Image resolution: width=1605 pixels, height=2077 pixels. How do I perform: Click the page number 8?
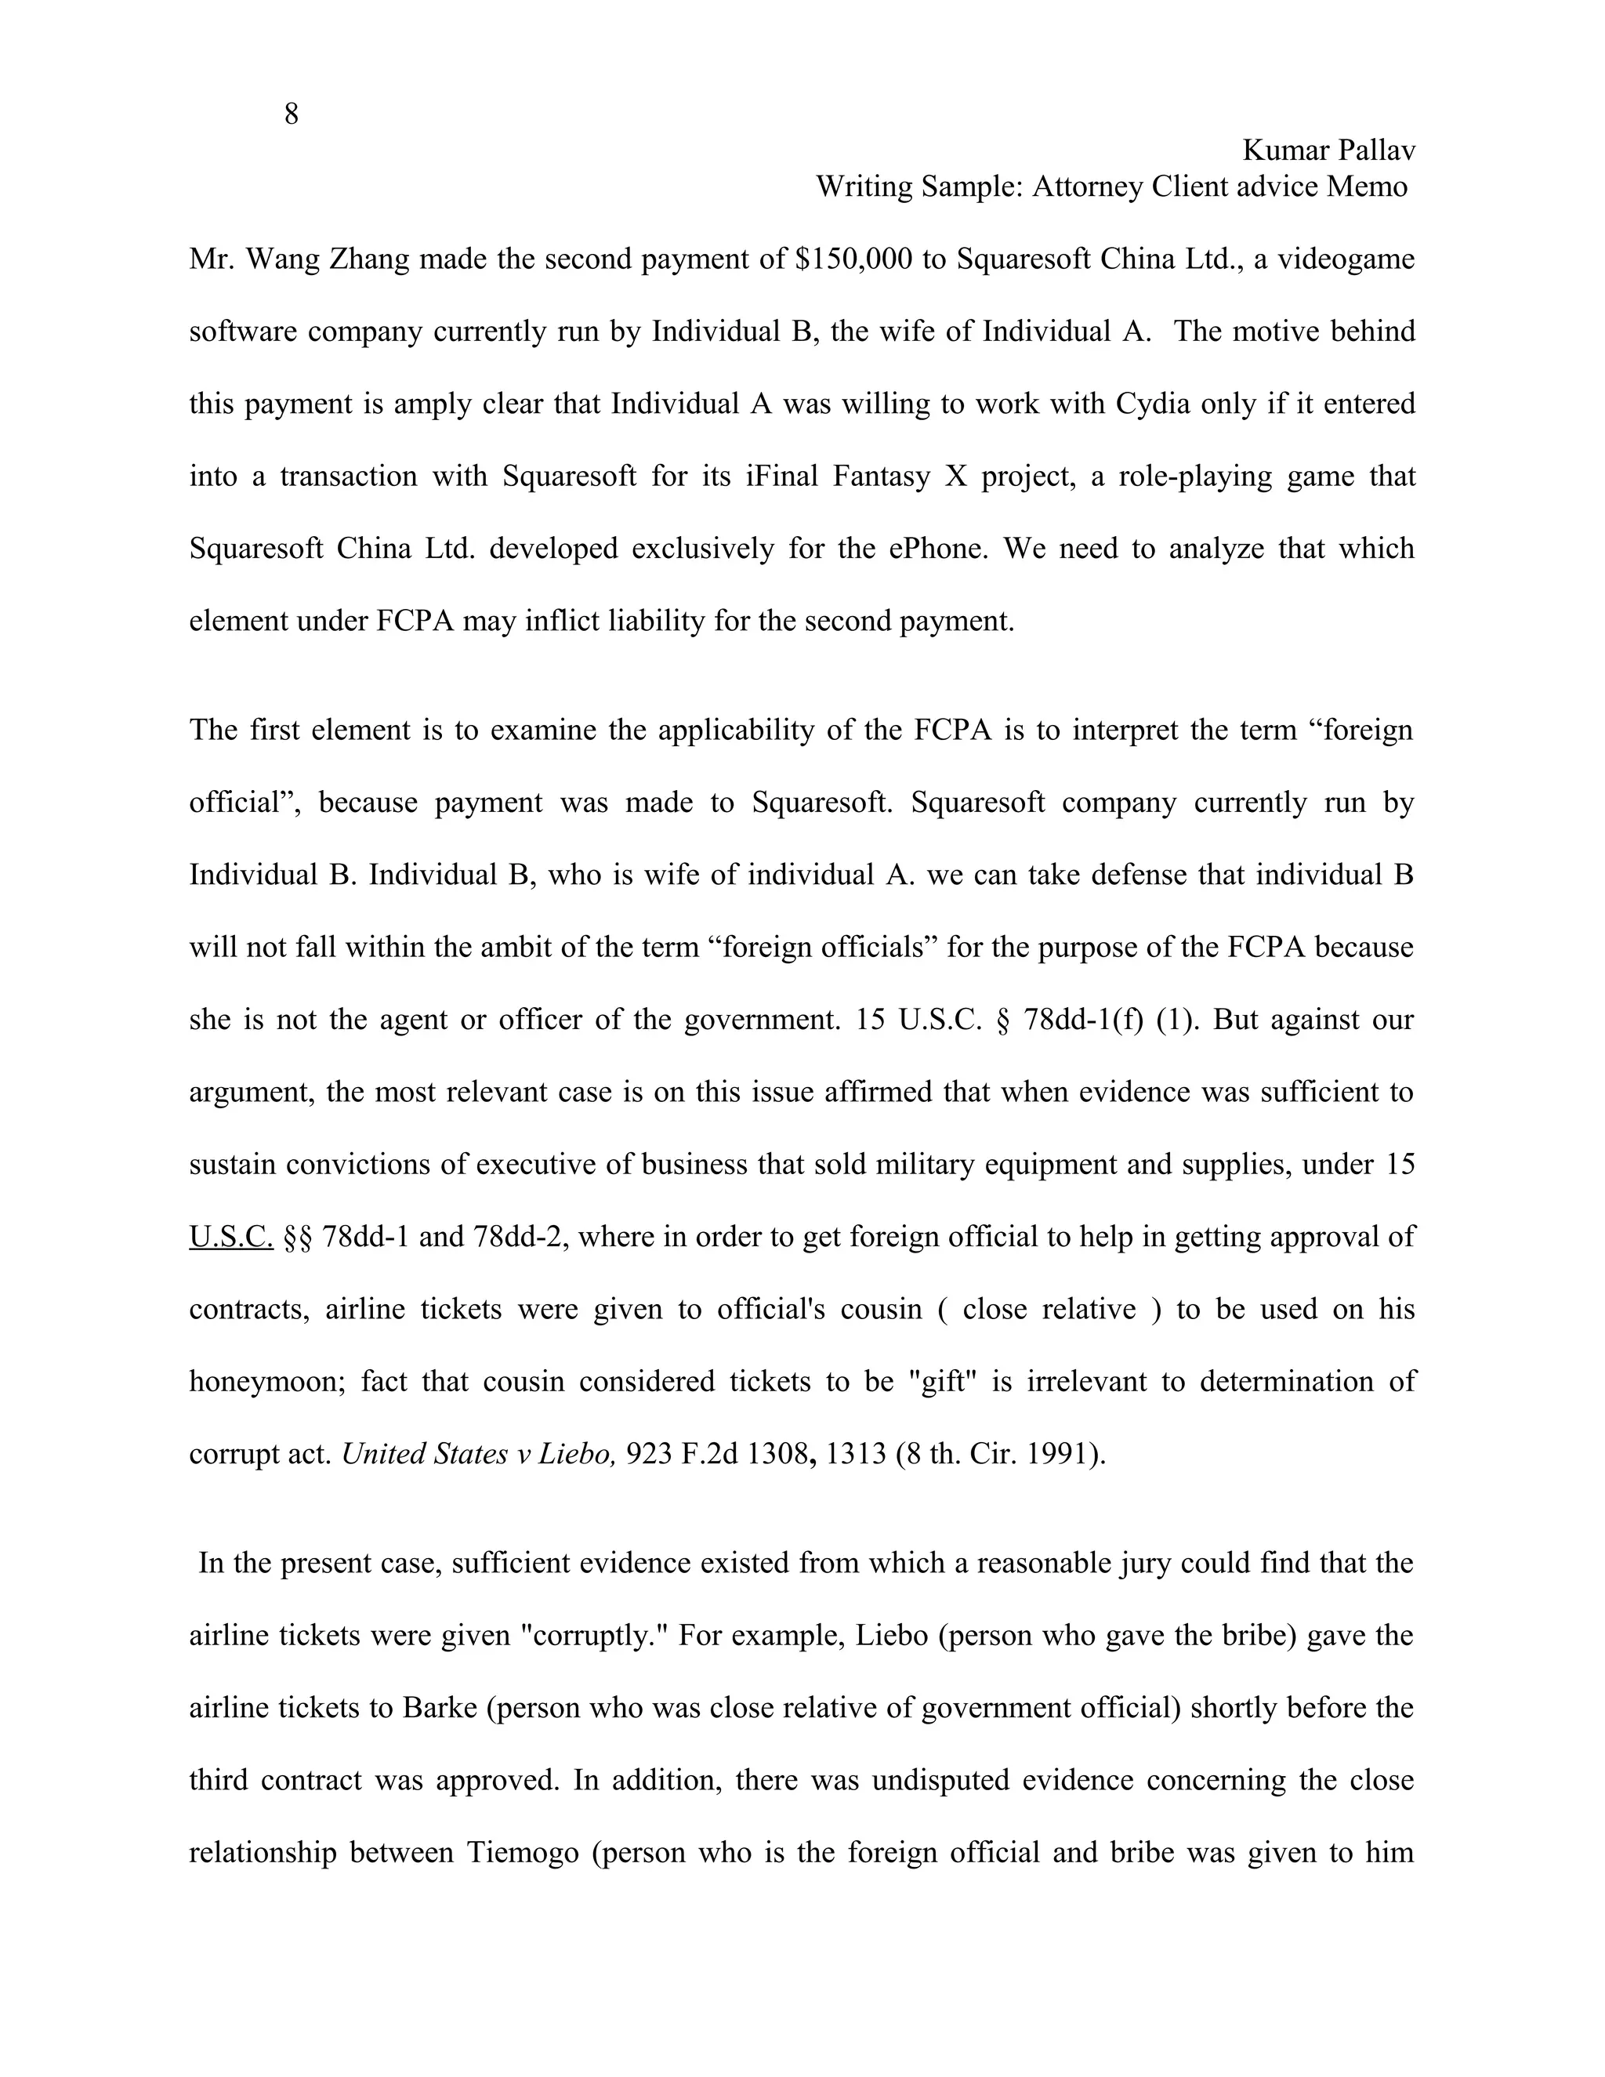pos(291,114)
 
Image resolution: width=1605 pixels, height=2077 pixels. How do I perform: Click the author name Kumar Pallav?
pos(1328,150)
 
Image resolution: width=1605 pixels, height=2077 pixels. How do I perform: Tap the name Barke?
pos(440,1708)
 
